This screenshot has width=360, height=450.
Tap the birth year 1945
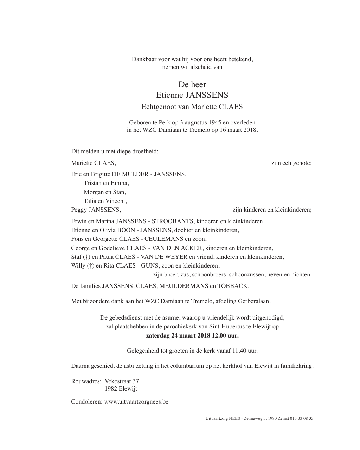click(215, 123)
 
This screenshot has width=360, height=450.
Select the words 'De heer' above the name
click(192, 84)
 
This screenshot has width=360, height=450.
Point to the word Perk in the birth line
click(164, 123)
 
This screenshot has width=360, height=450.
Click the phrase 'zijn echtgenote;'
click(291, 163)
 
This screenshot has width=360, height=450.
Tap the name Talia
click(90, 201)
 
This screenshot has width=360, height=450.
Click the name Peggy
click(79, 210)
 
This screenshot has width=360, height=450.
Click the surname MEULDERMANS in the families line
click(184, 286)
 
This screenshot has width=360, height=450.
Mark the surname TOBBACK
click(233, 286)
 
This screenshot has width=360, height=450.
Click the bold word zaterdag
click(158, 335)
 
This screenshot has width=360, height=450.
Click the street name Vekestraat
click(117, 381)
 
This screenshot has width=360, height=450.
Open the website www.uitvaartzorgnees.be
click(136, 401)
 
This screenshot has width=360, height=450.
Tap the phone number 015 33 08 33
click(302, 418)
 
